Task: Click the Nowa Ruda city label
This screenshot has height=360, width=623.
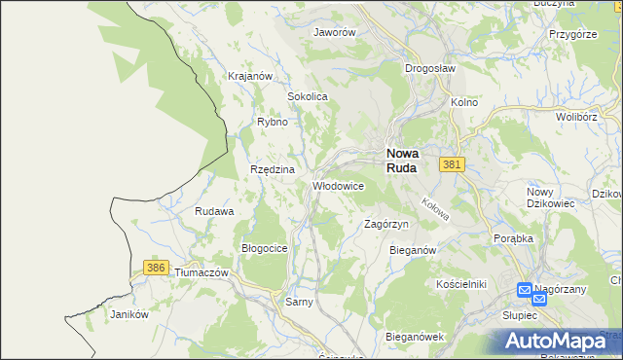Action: pyautogui.click(x=402, y=160)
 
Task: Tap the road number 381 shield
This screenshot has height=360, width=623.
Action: pyautogui.click(x=450, y=165)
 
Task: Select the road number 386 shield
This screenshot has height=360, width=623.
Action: pyautogui.click(x=155, y=267)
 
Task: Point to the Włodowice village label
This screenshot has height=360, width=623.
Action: pyautogui.click(x=338, y=185)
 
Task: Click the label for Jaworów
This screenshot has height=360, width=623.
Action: pyautogui.click(x=334, y=32)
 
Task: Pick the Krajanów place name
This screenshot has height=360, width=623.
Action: pyautogui.click(x=247, y=76)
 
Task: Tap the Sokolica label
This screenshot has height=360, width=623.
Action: pyautogui.click(x=307, y=97)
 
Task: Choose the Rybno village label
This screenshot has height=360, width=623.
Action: pyautogui.click(x=272, y=123)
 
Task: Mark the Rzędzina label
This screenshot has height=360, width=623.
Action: pyautogui.click(x=272, y=169)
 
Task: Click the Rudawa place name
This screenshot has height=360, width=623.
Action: pyautogui.click(x=213, y=211)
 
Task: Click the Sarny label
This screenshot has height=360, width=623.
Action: pyautogui.click(x=298, y=303)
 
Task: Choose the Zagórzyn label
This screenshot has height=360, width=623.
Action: pyautogui.click(x=385, y=224)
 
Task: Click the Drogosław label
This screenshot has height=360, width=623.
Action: pyautogui.click(x=430, y=69)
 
